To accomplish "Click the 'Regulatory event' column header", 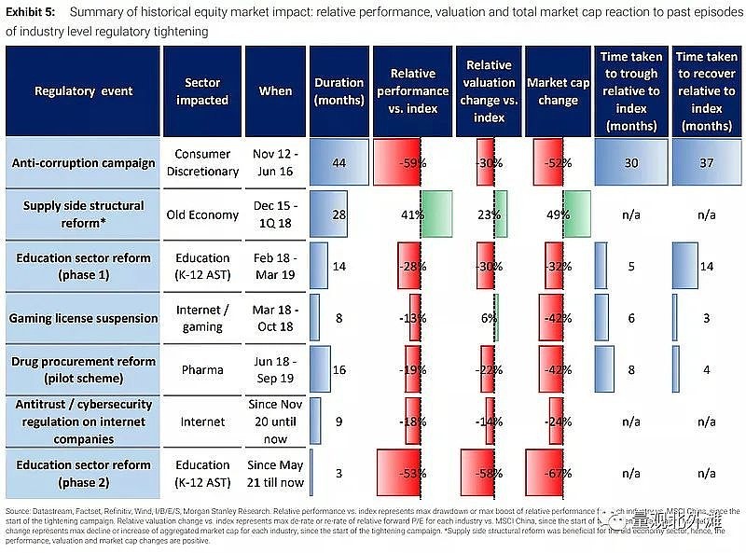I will pyautogui.click(x=84, y=91).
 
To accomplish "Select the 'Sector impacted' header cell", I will pyautogui.click(x=202, y=91).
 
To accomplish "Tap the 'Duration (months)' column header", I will pyautogui.click(x=339, y=91).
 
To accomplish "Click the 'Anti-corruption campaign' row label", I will pyautogui.click(x=84, y=163).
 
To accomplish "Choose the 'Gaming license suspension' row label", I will pyautogui.click(x=84, y=318).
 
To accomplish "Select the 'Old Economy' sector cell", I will pyautogui.click(x=202, y=214).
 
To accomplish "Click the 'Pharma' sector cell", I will pyautogui.click(x=202, y=369).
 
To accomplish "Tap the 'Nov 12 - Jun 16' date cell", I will pyautogui.click(x=276, y=163).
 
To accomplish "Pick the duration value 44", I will pyautogui.click(x=339, y=163).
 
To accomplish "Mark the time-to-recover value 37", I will pyautogui.click(x=705, y=163).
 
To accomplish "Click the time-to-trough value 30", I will pyautogui.click(x=630, y=163).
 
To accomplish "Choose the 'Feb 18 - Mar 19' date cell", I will pyautogui.click(x=276, y=266).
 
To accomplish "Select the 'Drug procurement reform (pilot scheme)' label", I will pyautogui.click(x=84, y=369).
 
